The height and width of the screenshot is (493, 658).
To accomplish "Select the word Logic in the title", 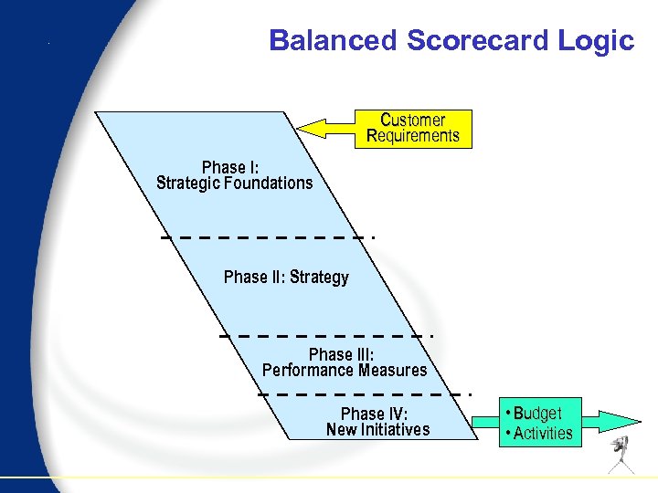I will pyautogui.click(x=600, y=41).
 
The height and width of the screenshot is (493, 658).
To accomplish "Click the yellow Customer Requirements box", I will pyautogui.click(x=413, y=129).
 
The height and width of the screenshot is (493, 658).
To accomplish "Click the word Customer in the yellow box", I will pyautogui.click(x=413, y=120).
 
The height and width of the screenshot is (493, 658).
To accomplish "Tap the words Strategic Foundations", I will pyautogui.click(x=235, y=183).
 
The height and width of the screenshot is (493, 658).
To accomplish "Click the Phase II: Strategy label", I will pyautogui.click(x=286, y=277).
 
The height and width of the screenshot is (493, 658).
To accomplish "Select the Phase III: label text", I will pyautogui.click(x=342, y=354).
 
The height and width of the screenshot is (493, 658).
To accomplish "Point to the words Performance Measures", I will pyautogui.click(x=345, y=370).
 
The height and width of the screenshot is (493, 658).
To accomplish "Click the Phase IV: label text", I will pyautogui.click(x=375, y=414).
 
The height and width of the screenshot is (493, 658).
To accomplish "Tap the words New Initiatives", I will pyautogui.click(x=377, y=429).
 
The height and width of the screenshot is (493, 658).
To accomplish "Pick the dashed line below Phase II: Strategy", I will pyautogui.click(x=324, y=336).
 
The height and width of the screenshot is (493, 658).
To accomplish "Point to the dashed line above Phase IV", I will pyautogui.click(x=364, y=394).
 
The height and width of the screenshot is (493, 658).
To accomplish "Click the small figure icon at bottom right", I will pyautogui.click(x=624, y=454).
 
